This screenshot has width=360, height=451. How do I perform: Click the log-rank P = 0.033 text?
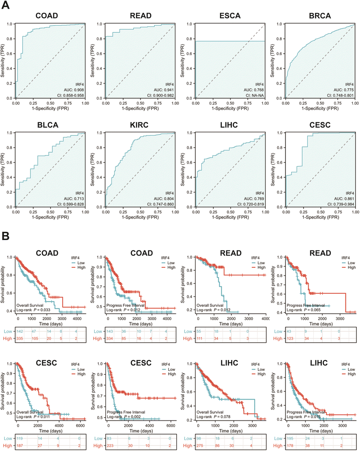[x=35, y=310]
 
